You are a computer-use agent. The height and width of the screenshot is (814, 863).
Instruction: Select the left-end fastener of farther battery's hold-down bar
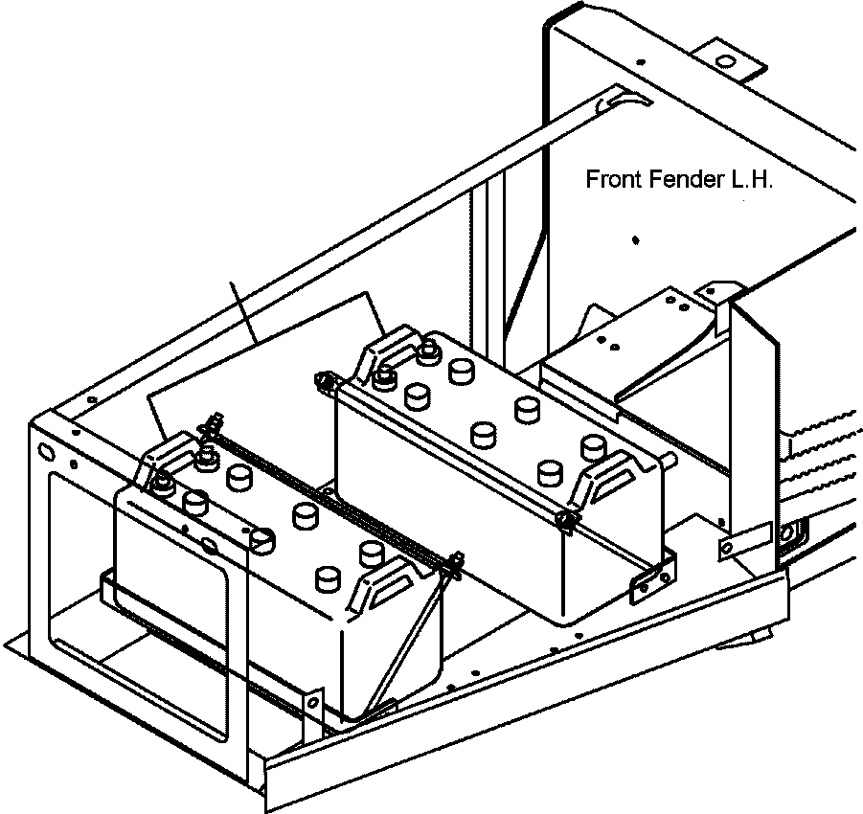coord(326,381)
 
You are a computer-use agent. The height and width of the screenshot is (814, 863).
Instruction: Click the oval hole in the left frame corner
coord(44,449)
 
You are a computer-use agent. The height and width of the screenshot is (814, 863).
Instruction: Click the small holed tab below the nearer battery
coord(310,704)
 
